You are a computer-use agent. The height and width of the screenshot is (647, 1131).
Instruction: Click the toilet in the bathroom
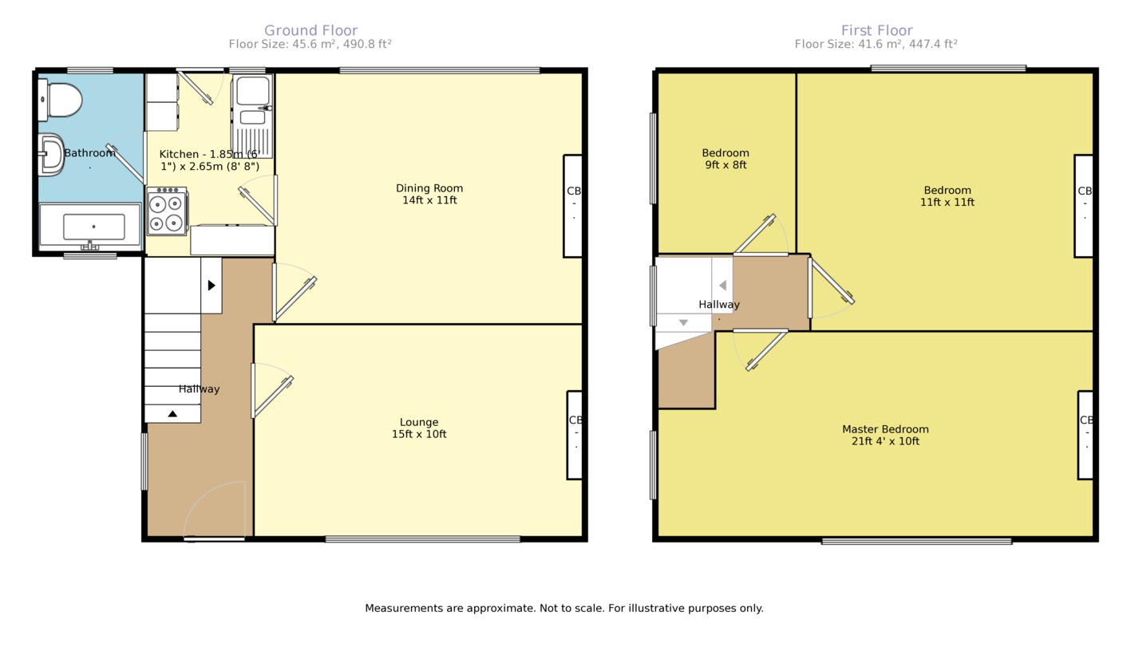[60, 100]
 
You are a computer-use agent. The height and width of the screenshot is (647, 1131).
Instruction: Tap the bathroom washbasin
[51, 155]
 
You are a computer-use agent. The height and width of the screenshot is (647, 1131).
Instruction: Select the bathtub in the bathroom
[90, 227]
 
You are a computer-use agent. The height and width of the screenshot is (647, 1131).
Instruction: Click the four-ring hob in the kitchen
[167, 211]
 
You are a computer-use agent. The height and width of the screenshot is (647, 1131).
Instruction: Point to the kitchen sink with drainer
[252, 116]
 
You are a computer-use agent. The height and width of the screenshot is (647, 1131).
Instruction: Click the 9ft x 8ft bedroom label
[726, 159]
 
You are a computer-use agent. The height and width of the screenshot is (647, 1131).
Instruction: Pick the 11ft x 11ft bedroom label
[947, 196]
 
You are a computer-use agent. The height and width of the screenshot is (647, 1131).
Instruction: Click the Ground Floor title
[311, 30]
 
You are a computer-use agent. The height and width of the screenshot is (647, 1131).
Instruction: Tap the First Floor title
[877, 30]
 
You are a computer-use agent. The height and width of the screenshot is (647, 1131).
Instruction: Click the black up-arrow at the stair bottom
[172, 414]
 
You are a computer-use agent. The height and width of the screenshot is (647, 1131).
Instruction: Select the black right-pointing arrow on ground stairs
[212, 286]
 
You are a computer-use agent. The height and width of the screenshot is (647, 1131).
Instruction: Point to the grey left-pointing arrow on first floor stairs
[722, 286]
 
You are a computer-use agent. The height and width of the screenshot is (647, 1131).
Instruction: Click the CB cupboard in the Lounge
[575, 435]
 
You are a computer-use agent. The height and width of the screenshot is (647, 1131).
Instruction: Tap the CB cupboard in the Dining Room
[572, 206]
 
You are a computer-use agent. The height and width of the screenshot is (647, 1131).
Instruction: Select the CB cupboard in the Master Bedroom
[1086, 435]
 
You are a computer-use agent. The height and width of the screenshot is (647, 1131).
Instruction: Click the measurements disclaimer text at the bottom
[564, 608]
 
